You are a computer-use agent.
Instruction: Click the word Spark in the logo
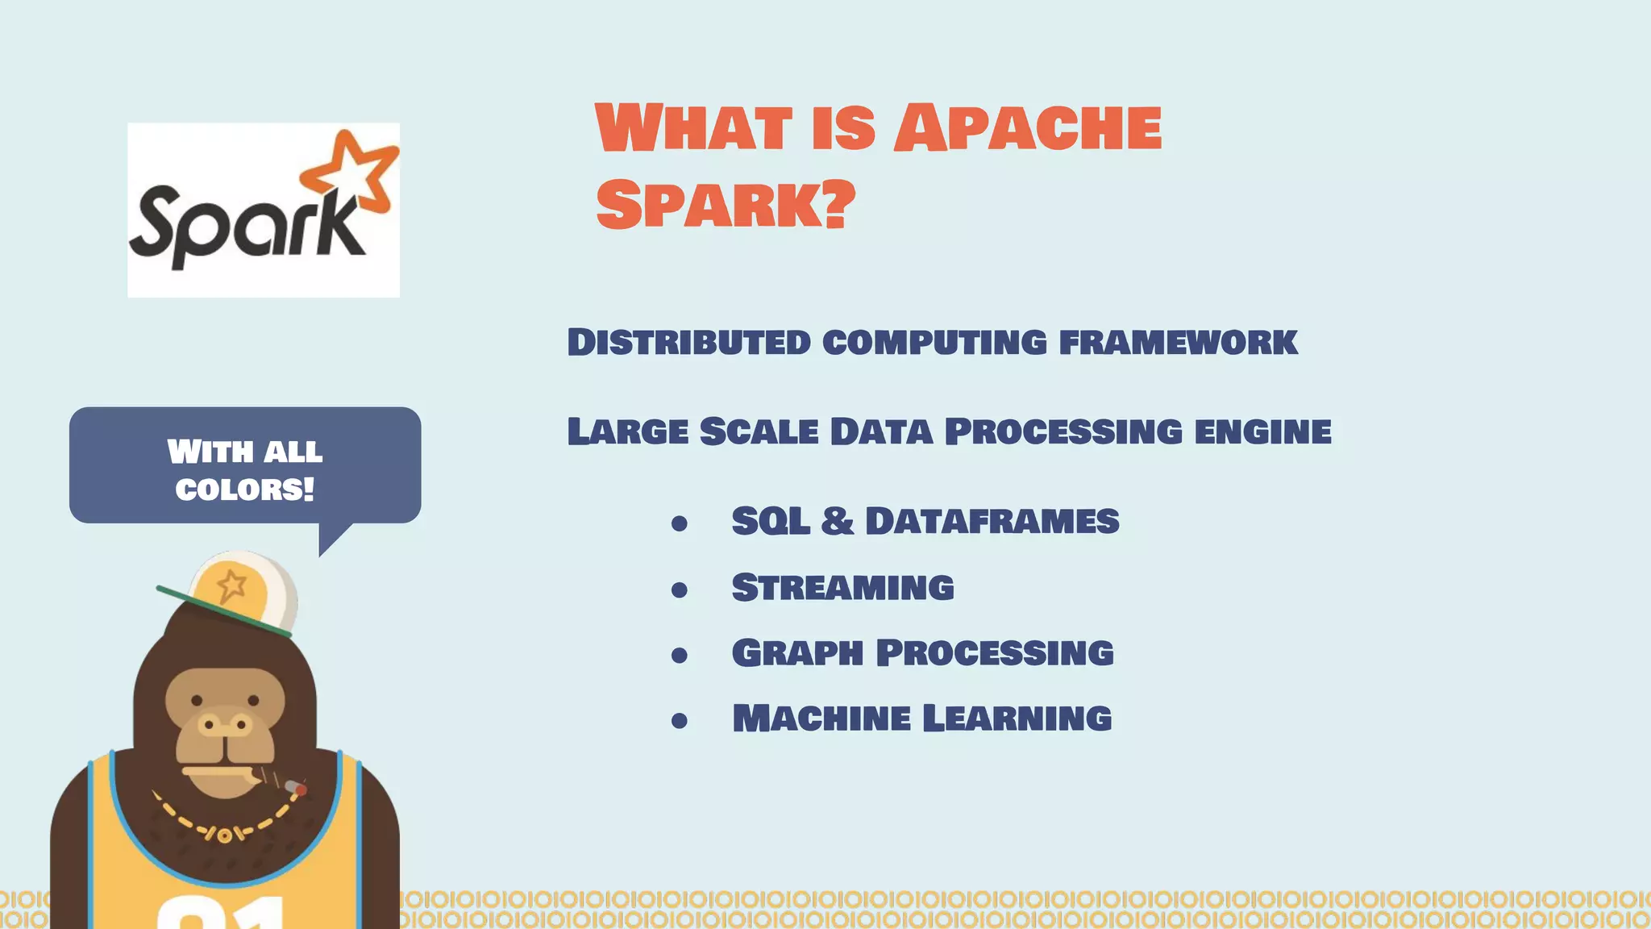pyautogui.click(x=246, y=223)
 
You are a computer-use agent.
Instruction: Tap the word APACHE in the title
pyautogui.click(x=1028, y=128)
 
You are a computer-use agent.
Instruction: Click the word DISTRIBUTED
pyautogui.click(x=688, y=342)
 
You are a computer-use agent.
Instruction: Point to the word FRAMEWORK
pyautogui.click(x=1178, y=342)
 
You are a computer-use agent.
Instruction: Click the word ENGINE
pyautogui.click(x=1262, y=431)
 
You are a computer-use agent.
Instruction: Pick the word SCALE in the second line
pyautogui.click(x=759, y=431)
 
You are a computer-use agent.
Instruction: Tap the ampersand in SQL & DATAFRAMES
pyautogui.click(x=837, y=521)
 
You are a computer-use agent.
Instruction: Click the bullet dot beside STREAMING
pyautogui.click(x=680, y=590)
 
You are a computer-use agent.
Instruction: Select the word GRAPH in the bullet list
pyautogui.click(x=796, y=652)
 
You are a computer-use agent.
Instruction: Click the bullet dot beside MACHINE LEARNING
pyautogui.click(x=680, y=721)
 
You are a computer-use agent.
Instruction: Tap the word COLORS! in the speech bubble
pyautogui.click(x=244, y=489)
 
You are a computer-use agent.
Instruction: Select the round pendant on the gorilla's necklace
pyautogui.click(x=224, y=835)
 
